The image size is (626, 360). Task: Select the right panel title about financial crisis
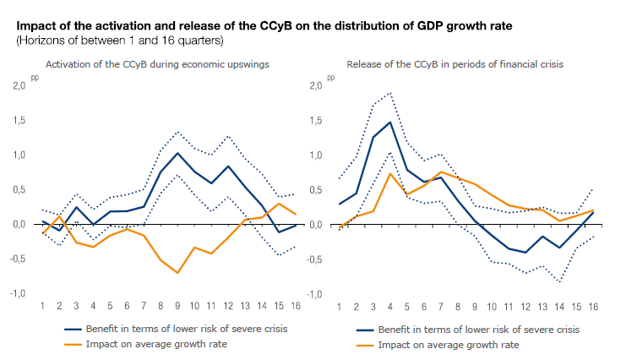click(455, 64)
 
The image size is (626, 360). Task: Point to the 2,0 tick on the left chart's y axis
click(19, 85)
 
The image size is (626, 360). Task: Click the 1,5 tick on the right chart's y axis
click(317, 120)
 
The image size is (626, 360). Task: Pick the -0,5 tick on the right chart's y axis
click(315, 259)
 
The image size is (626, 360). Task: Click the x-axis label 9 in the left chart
click(177, 305)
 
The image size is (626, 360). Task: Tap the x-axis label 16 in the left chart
click(295, 305)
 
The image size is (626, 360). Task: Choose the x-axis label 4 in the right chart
click(390, 305)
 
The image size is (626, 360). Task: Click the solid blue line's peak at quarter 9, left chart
click(177, 153)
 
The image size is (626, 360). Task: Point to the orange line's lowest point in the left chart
click(177, 273)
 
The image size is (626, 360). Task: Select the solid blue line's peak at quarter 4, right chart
click(390, 122)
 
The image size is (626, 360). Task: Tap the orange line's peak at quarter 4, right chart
click(390, 172)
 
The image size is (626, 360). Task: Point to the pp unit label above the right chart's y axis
click(330, 77)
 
